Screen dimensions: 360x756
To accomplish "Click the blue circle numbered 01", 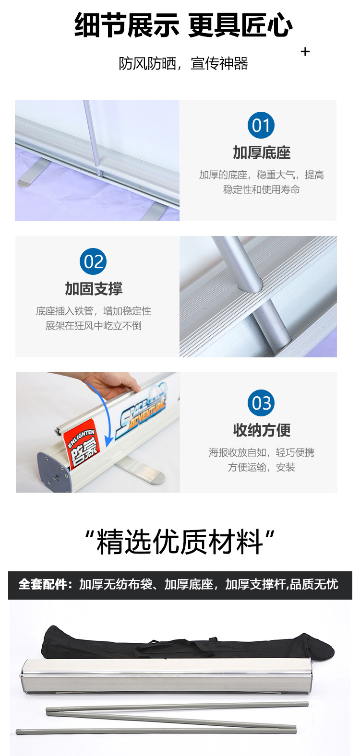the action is pyautogui.click(x=261, y=125).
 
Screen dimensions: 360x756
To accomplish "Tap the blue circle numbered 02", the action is pyautogui.click(x=93, y=261).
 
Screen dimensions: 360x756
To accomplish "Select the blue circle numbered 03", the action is pyautogui.click(x=261, y=403).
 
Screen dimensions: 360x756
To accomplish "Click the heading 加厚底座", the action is pyautogui.click(x=262, y=153).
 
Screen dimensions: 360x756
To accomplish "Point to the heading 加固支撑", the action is pyautogui.click(x=94, y=289).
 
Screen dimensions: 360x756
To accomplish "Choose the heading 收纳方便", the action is pyautogui.click(x=262, y=430).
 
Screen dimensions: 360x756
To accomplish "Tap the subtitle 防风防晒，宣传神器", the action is pyautogui.click(x=183, y=63).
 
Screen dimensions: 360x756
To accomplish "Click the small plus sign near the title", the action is pyautogui.click(x=305, y=52).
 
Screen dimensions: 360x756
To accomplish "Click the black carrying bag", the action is pyautogui.click(x=187, y=642).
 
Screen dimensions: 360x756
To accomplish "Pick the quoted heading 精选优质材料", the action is pyautogui.click(x=180, y=542).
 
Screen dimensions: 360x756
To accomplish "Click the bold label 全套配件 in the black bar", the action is pyautogui.click(x=43, y=585).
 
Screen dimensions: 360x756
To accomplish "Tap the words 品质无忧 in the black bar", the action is pyautogui.click(x=314, y=585).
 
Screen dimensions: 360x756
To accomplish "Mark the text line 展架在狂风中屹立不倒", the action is pyautogui.click(x=94, y=326).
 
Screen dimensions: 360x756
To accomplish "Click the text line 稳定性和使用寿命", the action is pyautogui.click(x=262, y=189).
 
